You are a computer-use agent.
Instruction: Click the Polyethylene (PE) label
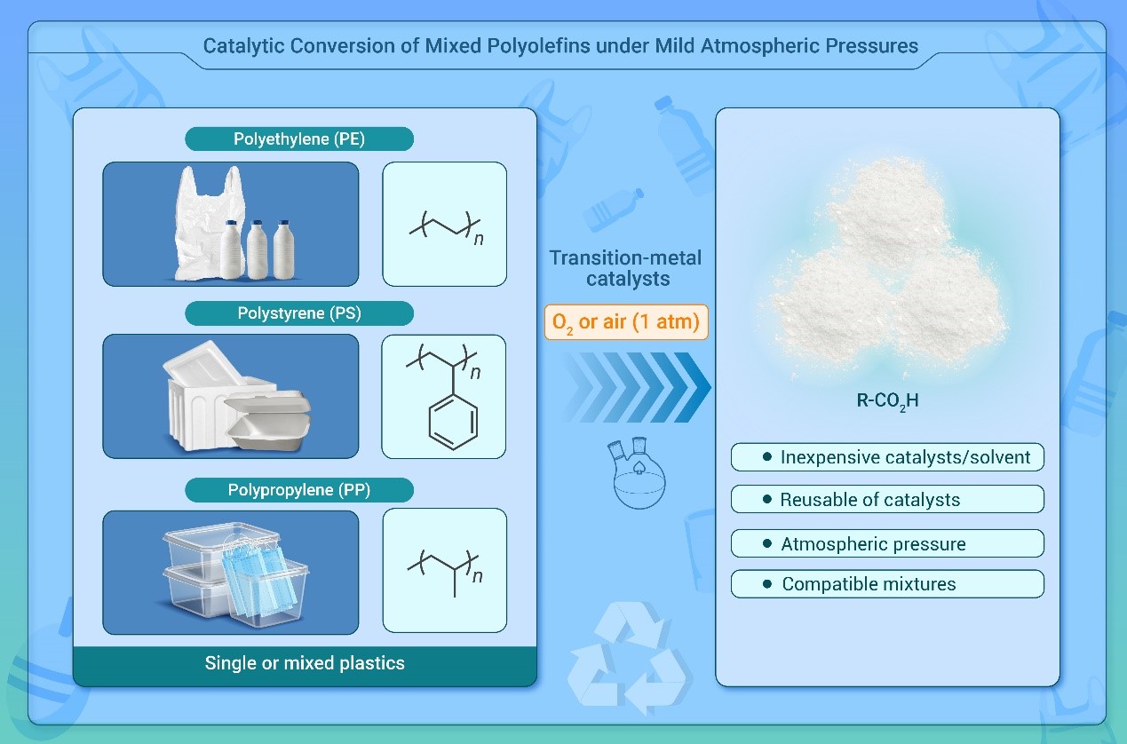coord(299,139)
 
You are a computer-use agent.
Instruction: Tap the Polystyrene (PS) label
coord(299,313)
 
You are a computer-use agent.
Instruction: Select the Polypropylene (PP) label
coord(299,489)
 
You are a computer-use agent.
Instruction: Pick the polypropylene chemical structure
coord(444,568)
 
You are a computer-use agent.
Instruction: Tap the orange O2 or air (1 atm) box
coord(626,321)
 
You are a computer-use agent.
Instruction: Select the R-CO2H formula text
coord(887,400)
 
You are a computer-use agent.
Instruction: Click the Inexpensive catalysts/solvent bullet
coord(888,457)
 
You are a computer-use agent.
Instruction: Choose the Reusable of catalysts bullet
coord(888,499)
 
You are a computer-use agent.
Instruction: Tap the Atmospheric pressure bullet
coord(888,543)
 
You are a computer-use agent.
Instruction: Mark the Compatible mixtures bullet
coord(888,584)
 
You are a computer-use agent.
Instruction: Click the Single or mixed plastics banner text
coord(305,663)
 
